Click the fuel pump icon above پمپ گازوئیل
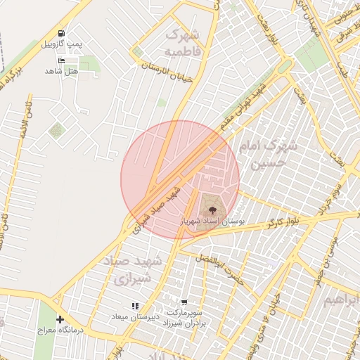click(61, 33)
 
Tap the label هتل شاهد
click(60, 71)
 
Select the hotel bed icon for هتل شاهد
click(61, 60)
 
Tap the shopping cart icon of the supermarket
click(184, 302)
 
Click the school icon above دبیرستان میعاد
click(135, 305)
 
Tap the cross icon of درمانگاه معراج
click(60, 319)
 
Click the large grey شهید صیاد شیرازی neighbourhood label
click(133, 270)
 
